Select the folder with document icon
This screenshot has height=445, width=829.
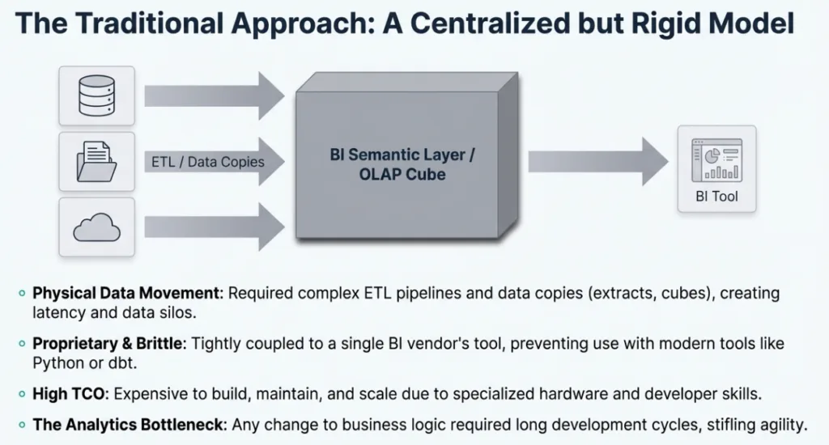[91, 161]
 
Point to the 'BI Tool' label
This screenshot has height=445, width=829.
[716, 197]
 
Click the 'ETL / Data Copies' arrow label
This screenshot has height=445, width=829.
[208, 162]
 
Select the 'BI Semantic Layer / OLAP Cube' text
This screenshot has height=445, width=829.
[402, 163]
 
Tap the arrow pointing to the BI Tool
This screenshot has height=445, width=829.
[597, 161]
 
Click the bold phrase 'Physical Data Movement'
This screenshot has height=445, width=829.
[127, 293]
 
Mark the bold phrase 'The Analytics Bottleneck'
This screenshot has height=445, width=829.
[118, 424]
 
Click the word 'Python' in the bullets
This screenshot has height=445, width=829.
[57, 362]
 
